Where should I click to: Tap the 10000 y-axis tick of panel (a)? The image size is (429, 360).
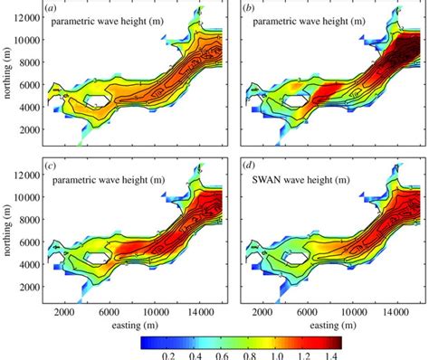(27, 39)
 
